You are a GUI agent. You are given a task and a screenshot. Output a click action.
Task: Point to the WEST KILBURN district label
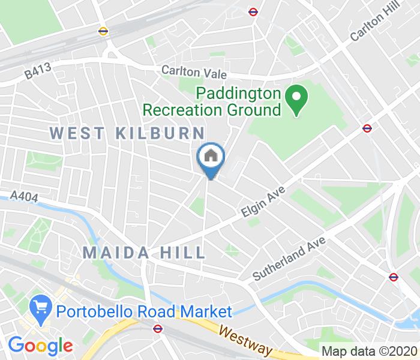[x=127, y=132]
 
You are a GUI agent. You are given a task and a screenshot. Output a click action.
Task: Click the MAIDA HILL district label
[x=144, y=252]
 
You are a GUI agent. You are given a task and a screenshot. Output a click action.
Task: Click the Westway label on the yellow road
[x=245, y=339]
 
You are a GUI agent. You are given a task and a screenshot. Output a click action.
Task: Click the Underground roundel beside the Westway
[x=157, y=328]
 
